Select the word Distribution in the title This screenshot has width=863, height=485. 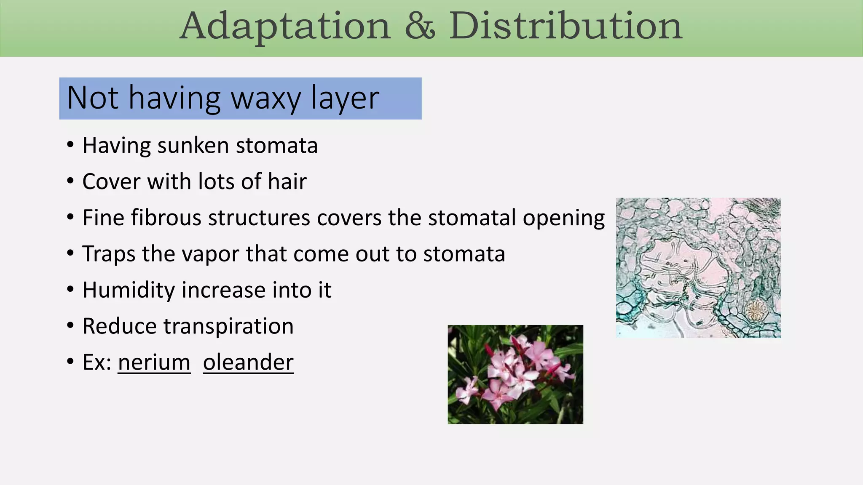[x=565, y=26]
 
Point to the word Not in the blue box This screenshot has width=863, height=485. [x=93, y=98]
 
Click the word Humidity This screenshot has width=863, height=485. [x=129, y=290]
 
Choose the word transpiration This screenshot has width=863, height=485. [x=228, y=327]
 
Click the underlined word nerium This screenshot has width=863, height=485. [x=154, y=362]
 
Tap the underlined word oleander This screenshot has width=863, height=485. [x=248, y=362]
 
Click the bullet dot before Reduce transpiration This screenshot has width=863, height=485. [x=70, y=326]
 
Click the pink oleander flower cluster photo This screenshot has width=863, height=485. [x=515, y=374]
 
